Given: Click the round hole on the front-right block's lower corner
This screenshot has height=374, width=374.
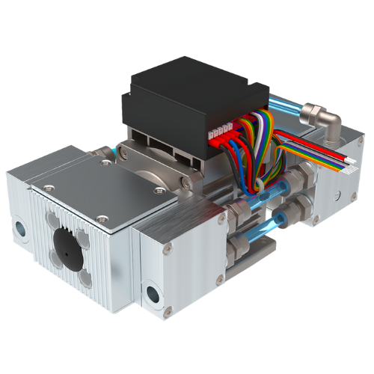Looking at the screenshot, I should pos(154,292).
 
